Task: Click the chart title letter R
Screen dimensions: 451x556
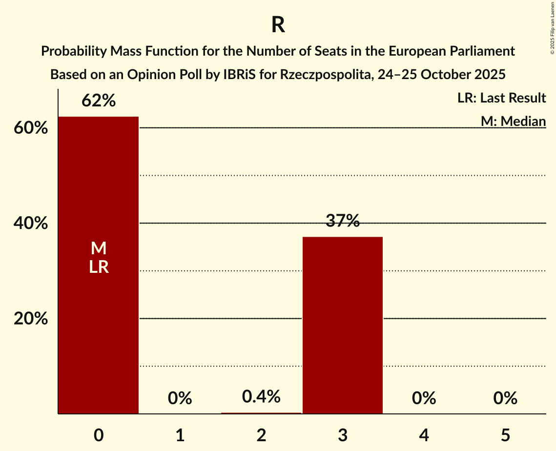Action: (x=278, y=25)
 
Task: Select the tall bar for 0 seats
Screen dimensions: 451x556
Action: (x=99, y=317)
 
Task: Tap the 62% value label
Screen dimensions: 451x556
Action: (x=99, y=101)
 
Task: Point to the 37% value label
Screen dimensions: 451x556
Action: (x=343, y=221)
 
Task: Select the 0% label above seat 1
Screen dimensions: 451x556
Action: (x=180, y=398)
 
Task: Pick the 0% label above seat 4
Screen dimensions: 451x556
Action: (x=424, y=398)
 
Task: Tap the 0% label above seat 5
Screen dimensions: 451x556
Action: (x=505, y=398)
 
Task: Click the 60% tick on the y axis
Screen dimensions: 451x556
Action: (x=30, y=128)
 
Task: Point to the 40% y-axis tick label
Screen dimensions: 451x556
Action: (x=30, y=224)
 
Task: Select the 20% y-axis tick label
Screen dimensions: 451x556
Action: (x=30, y=319)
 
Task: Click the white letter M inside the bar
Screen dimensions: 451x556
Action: (x=99, y=248)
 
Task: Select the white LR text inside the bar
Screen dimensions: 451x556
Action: (x=99, y=267)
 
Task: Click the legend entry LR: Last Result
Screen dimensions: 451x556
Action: (x=501, y=98)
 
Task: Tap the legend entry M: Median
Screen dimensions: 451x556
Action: (x=513, y=121)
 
